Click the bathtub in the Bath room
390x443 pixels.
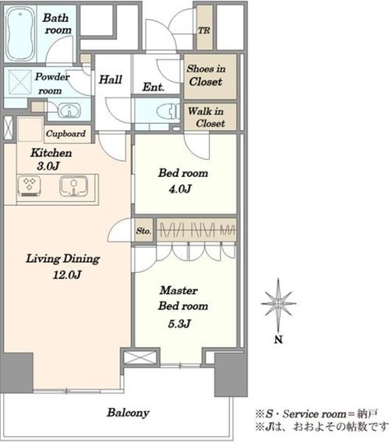(20, 34)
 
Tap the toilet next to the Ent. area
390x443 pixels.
(168, 111)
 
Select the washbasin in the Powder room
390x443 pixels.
(69, 110)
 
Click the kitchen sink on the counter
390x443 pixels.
(73, 186)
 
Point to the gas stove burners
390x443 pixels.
(29, 186)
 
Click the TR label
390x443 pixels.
(204, 30)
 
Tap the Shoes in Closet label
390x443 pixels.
(206, 75)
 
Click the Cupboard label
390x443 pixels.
(66, 133)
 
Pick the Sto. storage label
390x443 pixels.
(144, 231)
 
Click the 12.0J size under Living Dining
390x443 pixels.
(67, 275)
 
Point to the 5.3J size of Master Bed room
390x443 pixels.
(179, 324)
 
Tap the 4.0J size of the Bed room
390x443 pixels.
(180, 189)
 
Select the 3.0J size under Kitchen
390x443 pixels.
(48, 166)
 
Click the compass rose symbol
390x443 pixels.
(278, 304)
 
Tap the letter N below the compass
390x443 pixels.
(278, 339)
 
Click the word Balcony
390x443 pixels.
(128, 413)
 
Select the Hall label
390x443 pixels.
(110, 80)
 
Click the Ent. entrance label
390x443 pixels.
(153, 87)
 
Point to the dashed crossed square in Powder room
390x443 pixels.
(19, 82)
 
